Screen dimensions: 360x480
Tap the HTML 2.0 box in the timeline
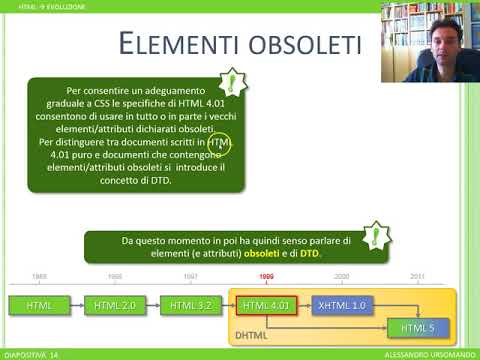pos(113,304)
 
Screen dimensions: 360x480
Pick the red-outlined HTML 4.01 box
pos(267,304)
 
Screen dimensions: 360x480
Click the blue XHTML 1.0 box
pos(342,304)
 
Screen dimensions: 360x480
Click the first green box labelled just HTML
pos(39,304)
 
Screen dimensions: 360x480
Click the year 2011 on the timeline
pos(417,275)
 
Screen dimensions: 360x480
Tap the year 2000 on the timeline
pos(342,275)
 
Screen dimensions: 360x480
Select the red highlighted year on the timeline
pos(267,275)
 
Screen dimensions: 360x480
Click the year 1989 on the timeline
pos(39,275)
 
